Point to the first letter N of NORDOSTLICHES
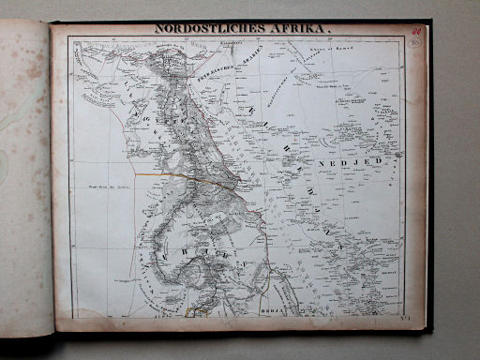158,28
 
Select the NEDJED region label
352,160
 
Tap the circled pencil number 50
413,41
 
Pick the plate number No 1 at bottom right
413,320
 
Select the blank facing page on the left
26,178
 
